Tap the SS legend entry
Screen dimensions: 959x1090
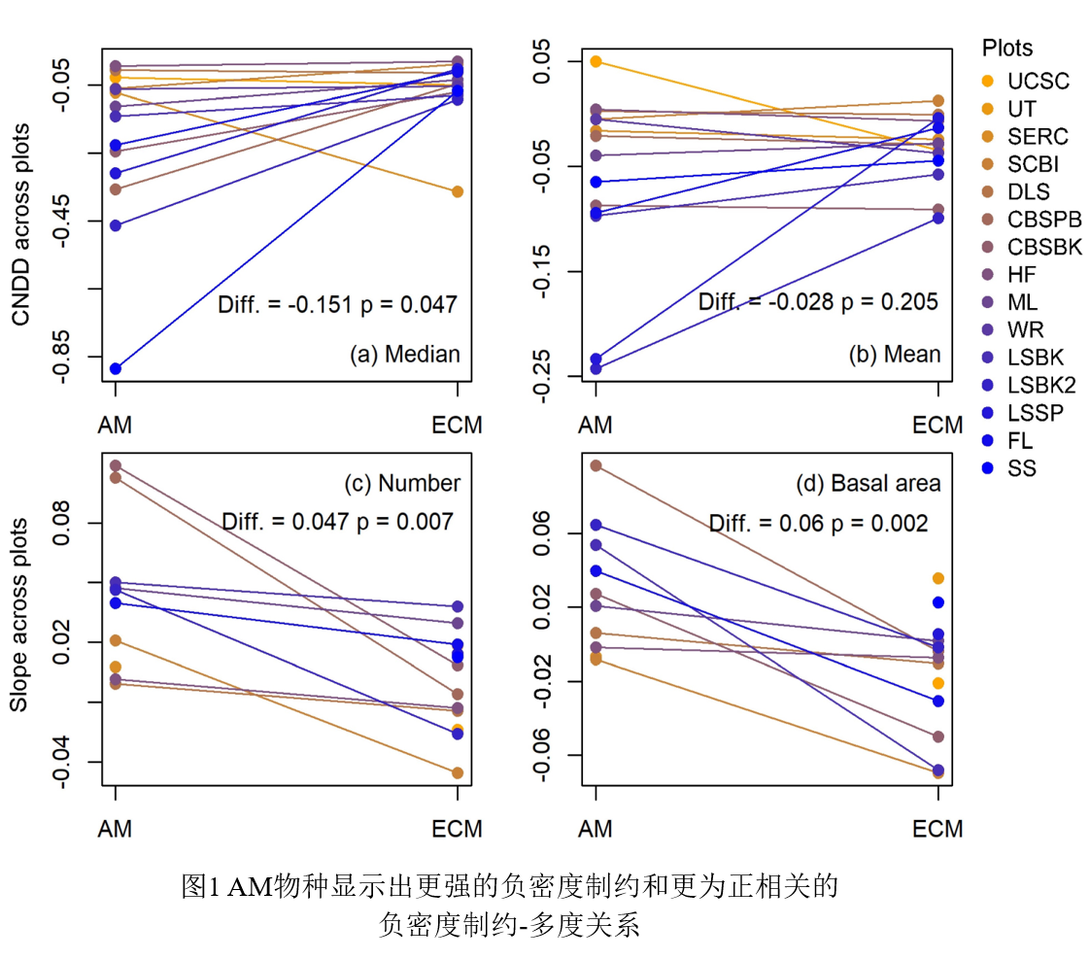click(x=1021, y=468)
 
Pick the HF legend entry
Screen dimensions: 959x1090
click(x=1021, y=275)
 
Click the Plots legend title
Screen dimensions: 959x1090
click(x=1007, y=48)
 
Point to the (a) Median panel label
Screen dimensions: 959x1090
click(x=404, y=355)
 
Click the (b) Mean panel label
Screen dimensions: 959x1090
click(x=895, y=355)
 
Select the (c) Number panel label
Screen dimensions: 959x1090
click(x=402, y=484)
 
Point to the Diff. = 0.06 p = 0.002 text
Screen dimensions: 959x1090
click(x=818, y=524)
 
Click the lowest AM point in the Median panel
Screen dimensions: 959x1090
click(x=116, y=368)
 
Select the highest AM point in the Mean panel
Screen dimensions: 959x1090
click(x=596, y=61)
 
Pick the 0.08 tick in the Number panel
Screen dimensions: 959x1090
click(x=60, y=523)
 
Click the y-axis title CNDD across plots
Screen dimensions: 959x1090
click(x=21, y=224)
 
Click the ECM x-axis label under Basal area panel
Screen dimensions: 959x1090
click(x=937, y=829)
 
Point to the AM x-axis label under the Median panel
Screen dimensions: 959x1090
click(x=116, y=425)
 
